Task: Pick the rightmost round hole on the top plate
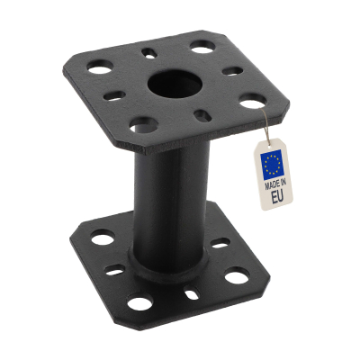tap(253, 101)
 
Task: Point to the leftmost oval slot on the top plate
tap(113, 94)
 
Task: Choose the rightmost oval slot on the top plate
tap(232, 70)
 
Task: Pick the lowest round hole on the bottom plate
tap(140, 303)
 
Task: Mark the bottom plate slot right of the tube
tap(219, 244)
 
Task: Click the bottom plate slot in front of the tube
tap(191, 293)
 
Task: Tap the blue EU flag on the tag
tap(271, 163)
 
